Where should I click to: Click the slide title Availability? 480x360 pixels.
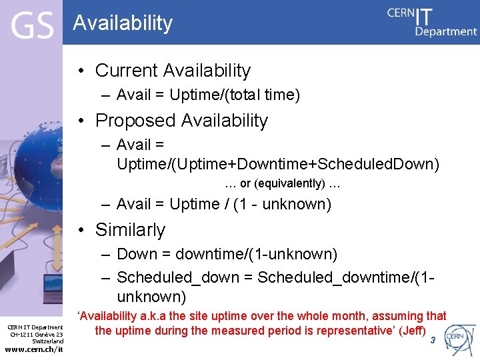pyautogui.click(x=123, y=23)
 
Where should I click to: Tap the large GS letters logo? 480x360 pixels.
pyautogui.click(x=32, y=26)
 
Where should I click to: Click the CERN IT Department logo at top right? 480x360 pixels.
pyautogui.click(x=432, y=21)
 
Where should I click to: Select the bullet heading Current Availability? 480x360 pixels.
pyautogui.click(x=173, y=70)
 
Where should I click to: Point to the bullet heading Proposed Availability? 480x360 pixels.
pyautogui.click(x=181, y=121)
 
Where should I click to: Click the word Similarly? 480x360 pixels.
pyautogui.click(x=130, y=230)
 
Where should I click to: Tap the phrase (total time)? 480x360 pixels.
pyautogui.click(x=263, y=95)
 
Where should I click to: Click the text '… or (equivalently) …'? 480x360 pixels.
pyautogui.click(x=283, y=183)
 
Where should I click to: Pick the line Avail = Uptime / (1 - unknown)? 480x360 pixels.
pyautogui.click(x=223, y=205)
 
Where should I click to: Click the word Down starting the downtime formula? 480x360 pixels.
pyautogui.click(x=136, y=255)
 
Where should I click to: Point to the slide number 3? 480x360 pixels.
pyautogui.click(x=433, y=340)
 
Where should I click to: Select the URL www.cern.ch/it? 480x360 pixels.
pyautogui.click(x=34, y=349)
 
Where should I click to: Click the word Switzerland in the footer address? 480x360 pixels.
pyautogui.click(x=48, y=341)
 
